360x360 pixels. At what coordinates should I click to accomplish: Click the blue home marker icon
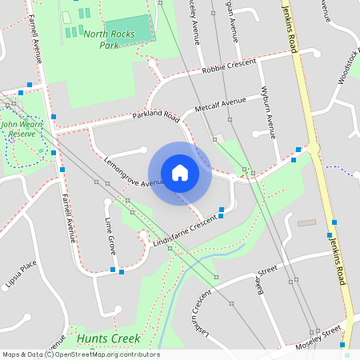(x=180, y=172)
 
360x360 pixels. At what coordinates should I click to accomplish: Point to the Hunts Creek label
(x=109, y=339)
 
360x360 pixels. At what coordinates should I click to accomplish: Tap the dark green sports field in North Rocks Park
(x=128, y=30)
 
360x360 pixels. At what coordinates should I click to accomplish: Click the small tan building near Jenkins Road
(x=307, y=222)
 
